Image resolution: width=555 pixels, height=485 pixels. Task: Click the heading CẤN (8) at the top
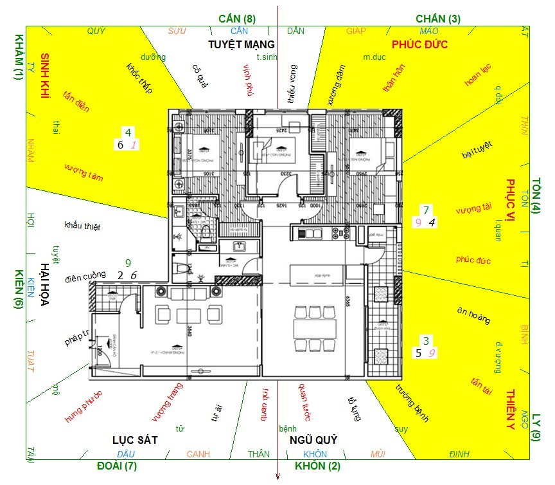(x=237, y=19)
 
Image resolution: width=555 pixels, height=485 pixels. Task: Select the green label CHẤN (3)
(x=438, y=19)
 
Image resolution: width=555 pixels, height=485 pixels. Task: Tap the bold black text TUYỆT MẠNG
(x=242, y=44)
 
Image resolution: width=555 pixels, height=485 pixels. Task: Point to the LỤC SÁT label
(x=135, y=440)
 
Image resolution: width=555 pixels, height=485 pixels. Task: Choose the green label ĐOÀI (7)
(x=117, y=465)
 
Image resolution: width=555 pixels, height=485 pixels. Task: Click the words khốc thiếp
(x=139, y=78)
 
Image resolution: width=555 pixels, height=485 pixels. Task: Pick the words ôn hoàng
(x=473, y=315)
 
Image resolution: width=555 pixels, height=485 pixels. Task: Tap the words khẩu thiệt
(x=82, y=226)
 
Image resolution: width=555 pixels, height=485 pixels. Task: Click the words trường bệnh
(x=411, y=403)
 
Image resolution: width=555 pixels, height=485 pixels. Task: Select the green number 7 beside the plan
(x=425, y=210)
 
